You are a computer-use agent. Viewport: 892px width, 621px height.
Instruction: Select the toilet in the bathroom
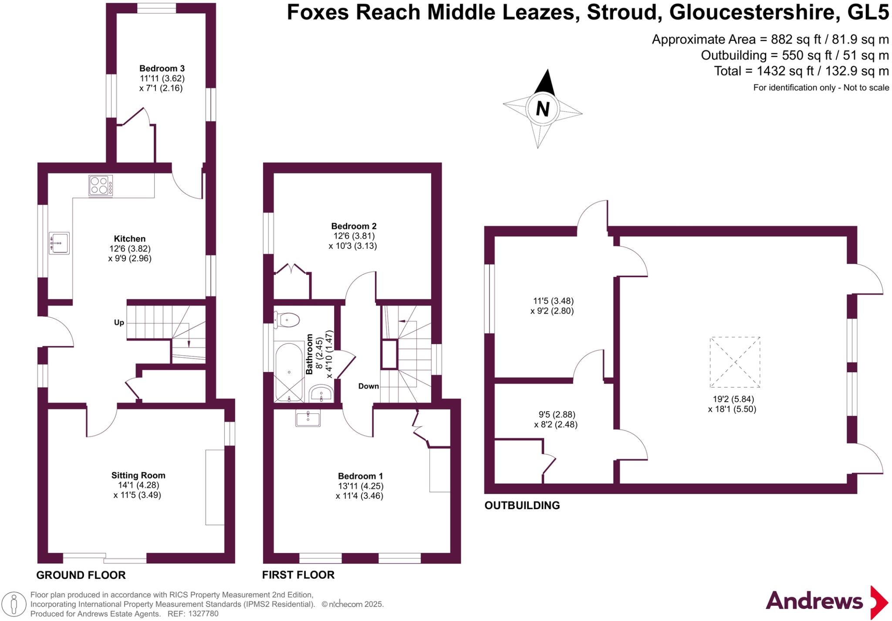coord(287,320)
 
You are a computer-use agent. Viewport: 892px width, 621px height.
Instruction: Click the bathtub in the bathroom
coord(289,372)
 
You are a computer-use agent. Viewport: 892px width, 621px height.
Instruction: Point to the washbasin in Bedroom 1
coord(308,419)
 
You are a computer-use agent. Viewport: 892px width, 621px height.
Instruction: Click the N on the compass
coord(542,108)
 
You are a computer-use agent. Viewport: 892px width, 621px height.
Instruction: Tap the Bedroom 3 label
coord(162,68)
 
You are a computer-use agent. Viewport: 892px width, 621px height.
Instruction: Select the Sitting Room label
coord(138,475)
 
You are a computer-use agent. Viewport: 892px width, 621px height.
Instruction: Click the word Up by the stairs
coord(119,322)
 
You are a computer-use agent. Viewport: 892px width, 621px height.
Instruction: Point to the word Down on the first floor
coord(368,386)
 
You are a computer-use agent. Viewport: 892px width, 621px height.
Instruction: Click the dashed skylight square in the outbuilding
coord(735,362)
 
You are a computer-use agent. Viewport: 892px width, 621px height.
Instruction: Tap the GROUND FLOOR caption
coord(81,575)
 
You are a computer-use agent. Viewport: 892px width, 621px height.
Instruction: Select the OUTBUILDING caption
coord(522,505)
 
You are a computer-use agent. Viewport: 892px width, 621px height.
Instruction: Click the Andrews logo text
coord(814,601)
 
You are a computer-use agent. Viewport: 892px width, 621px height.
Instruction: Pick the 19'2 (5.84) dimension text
coord(733,399)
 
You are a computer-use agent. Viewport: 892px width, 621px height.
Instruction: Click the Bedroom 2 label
coord(354,226)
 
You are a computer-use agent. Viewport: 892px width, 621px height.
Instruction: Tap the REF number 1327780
coord(203,614)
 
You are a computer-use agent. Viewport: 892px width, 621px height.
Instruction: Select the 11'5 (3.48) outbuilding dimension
coord(553,301)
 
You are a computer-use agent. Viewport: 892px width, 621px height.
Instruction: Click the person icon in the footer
coord(14,604)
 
